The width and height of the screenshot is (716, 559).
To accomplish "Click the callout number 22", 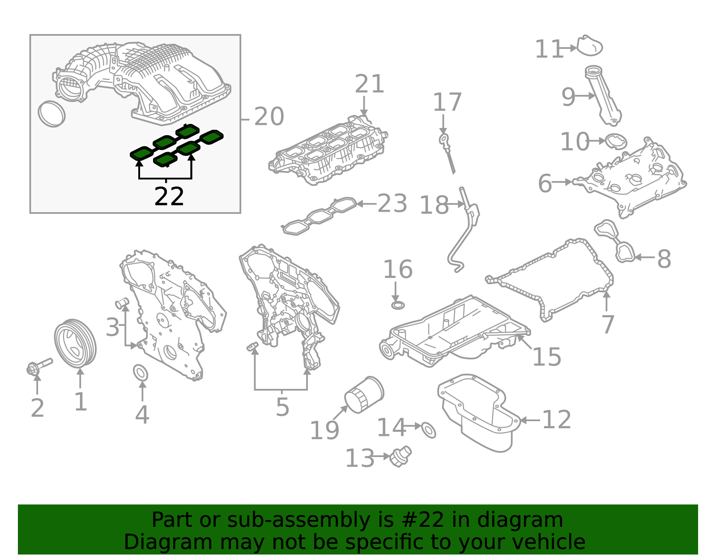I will (169, 197).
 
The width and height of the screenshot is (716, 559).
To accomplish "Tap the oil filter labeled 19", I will (363, 395).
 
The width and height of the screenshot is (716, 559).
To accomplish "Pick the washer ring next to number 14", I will (429, 429).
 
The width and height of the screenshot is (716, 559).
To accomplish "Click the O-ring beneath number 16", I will (398, 305).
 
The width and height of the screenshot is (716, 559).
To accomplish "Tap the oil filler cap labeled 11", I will (589, 46).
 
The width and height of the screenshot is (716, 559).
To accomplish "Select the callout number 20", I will (268, 117).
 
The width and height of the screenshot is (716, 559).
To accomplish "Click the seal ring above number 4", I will (141, 373).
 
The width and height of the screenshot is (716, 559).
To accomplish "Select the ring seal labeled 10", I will (616, 142).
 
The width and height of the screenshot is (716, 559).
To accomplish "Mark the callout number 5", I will (282, 407).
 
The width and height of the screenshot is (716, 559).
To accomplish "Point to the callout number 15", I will (546, 357).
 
